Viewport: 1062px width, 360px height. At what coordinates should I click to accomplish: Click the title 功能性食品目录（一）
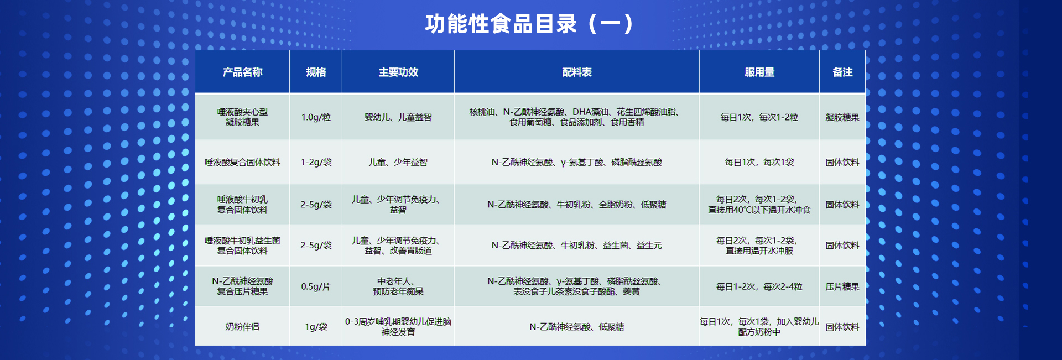(529, 24)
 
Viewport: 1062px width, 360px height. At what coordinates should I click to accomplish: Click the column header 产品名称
(242, 72)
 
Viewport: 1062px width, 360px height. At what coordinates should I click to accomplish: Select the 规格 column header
(316, 72)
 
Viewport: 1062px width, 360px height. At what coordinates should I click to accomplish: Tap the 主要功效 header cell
(398, 72)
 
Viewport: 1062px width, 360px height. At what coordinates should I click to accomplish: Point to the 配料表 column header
(576, 72)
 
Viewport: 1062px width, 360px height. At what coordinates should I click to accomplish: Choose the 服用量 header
(759, 72)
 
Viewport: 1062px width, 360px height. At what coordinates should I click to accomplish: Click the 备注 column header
(842, 72)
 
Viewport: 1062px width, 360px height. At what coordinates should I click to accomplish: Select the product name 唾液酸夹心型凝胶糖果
(242, 117)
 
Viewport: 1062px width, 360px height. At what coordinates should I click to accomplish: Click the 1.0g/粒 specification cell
(316, 117)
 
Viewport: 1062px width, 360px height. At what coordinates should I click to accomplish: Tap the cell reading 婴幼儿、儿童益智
(398, 117)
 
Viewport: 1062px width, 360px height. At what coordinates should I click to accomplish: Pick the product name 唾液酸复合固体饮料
(242, 162)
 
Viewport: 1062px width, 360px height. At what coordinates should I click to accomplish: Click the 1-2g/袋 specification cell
(316, 162)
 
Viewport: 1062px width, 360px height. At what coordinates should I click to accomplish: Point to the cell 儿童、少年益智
(398, 162)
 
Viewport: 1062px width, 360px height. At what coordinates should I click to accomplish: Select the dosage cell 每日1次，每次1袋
(759, 162)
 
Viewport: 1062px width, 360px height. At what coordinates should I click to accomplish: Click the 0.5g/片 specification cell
(316, 286)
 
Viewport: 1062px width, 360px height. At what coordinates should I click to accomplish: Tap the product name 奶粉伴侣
(242, 327)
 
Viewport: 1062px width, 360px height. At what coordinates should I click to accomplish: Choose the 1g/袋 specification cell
(316, 327)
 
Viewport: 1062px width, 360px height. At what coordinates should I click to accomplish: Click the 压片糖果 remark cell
(842, 286)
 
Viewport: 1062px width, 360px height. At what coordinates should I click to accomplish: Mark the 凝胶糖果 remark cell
(842, 117)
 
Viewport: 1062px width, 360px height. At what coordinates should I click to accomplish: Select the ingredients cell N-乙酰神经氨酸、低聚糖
(576, 327)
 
